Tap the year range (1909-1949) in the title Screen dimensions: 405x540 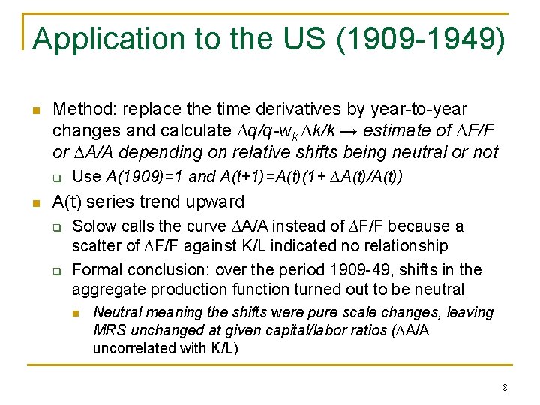click(421, 40)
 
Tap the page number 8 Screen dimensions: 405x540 click(505, 388)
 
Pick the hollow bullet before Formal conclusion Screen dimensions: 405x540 click(55, 270)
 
